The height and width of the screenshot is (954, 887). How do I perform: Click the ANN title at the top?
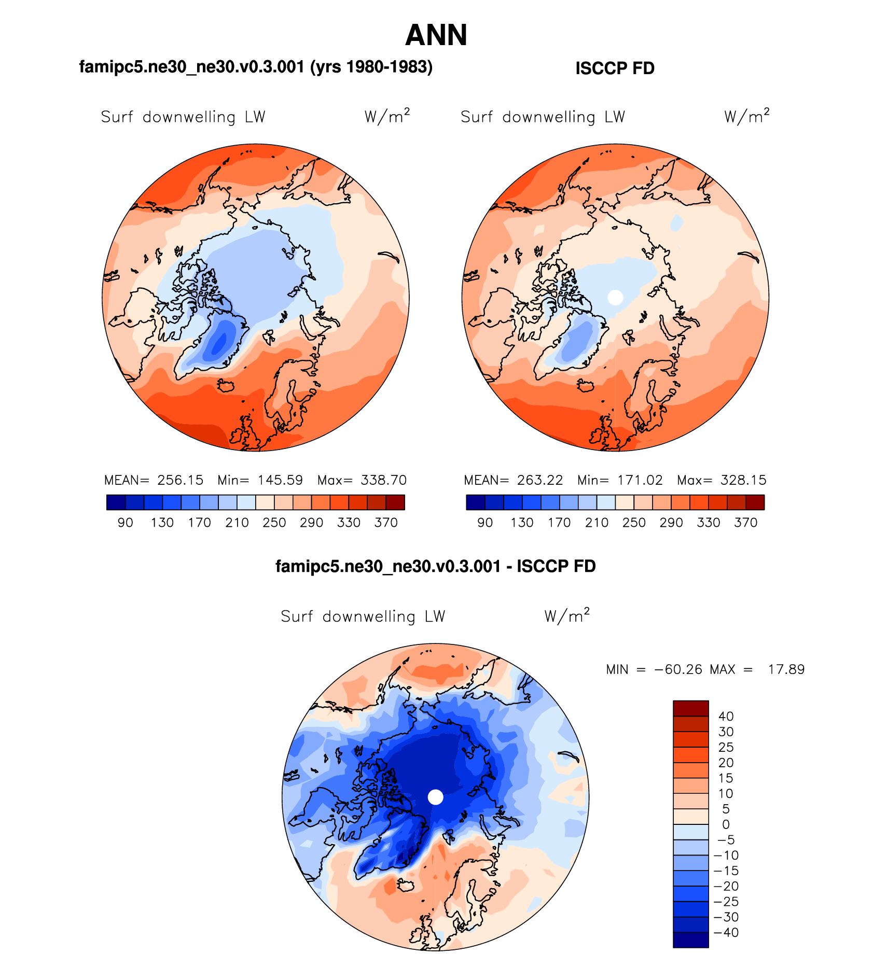[436, 35]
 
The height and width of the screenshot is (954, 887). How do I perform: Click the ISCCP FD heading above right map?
[615, 68]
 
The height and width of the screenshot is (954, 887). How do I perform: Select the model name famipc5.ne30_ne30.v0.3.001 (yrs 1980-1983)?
[256, 67]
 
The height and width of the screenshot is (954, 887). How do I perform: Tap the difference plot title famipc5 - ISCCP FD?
[435, 566]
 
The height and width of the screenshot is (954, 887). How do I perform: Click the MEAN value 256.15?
[180, 480]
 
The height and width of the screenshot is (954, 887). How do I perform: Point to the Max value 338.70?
[384, 480]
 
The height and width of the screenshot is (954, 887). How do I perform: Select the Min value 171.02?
[640, 480]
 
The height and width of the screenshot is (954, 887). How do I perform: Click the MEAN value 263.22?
[539, 480]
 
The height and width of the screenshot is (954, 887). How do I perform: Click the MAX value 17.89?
[786, 669]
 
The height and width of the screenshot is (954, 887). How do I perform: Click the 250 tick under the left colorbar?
[274, 523]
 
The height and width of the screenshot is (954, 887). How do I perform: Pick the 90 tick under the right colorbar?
[485, 523]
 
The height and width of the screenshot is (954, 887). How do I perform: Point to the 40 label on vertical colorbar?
[726, 717]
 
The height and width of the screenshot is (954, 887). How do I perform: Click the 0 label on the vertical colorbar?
[726, 824]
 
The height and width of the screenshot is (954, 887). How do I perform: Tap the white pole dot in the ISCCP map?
[615, 297]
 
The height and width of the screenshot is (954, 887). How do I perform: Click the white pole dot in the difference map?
[436, 797]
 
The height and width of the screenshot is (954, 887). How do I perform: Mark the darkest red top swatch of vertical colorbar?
[690, 708]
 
